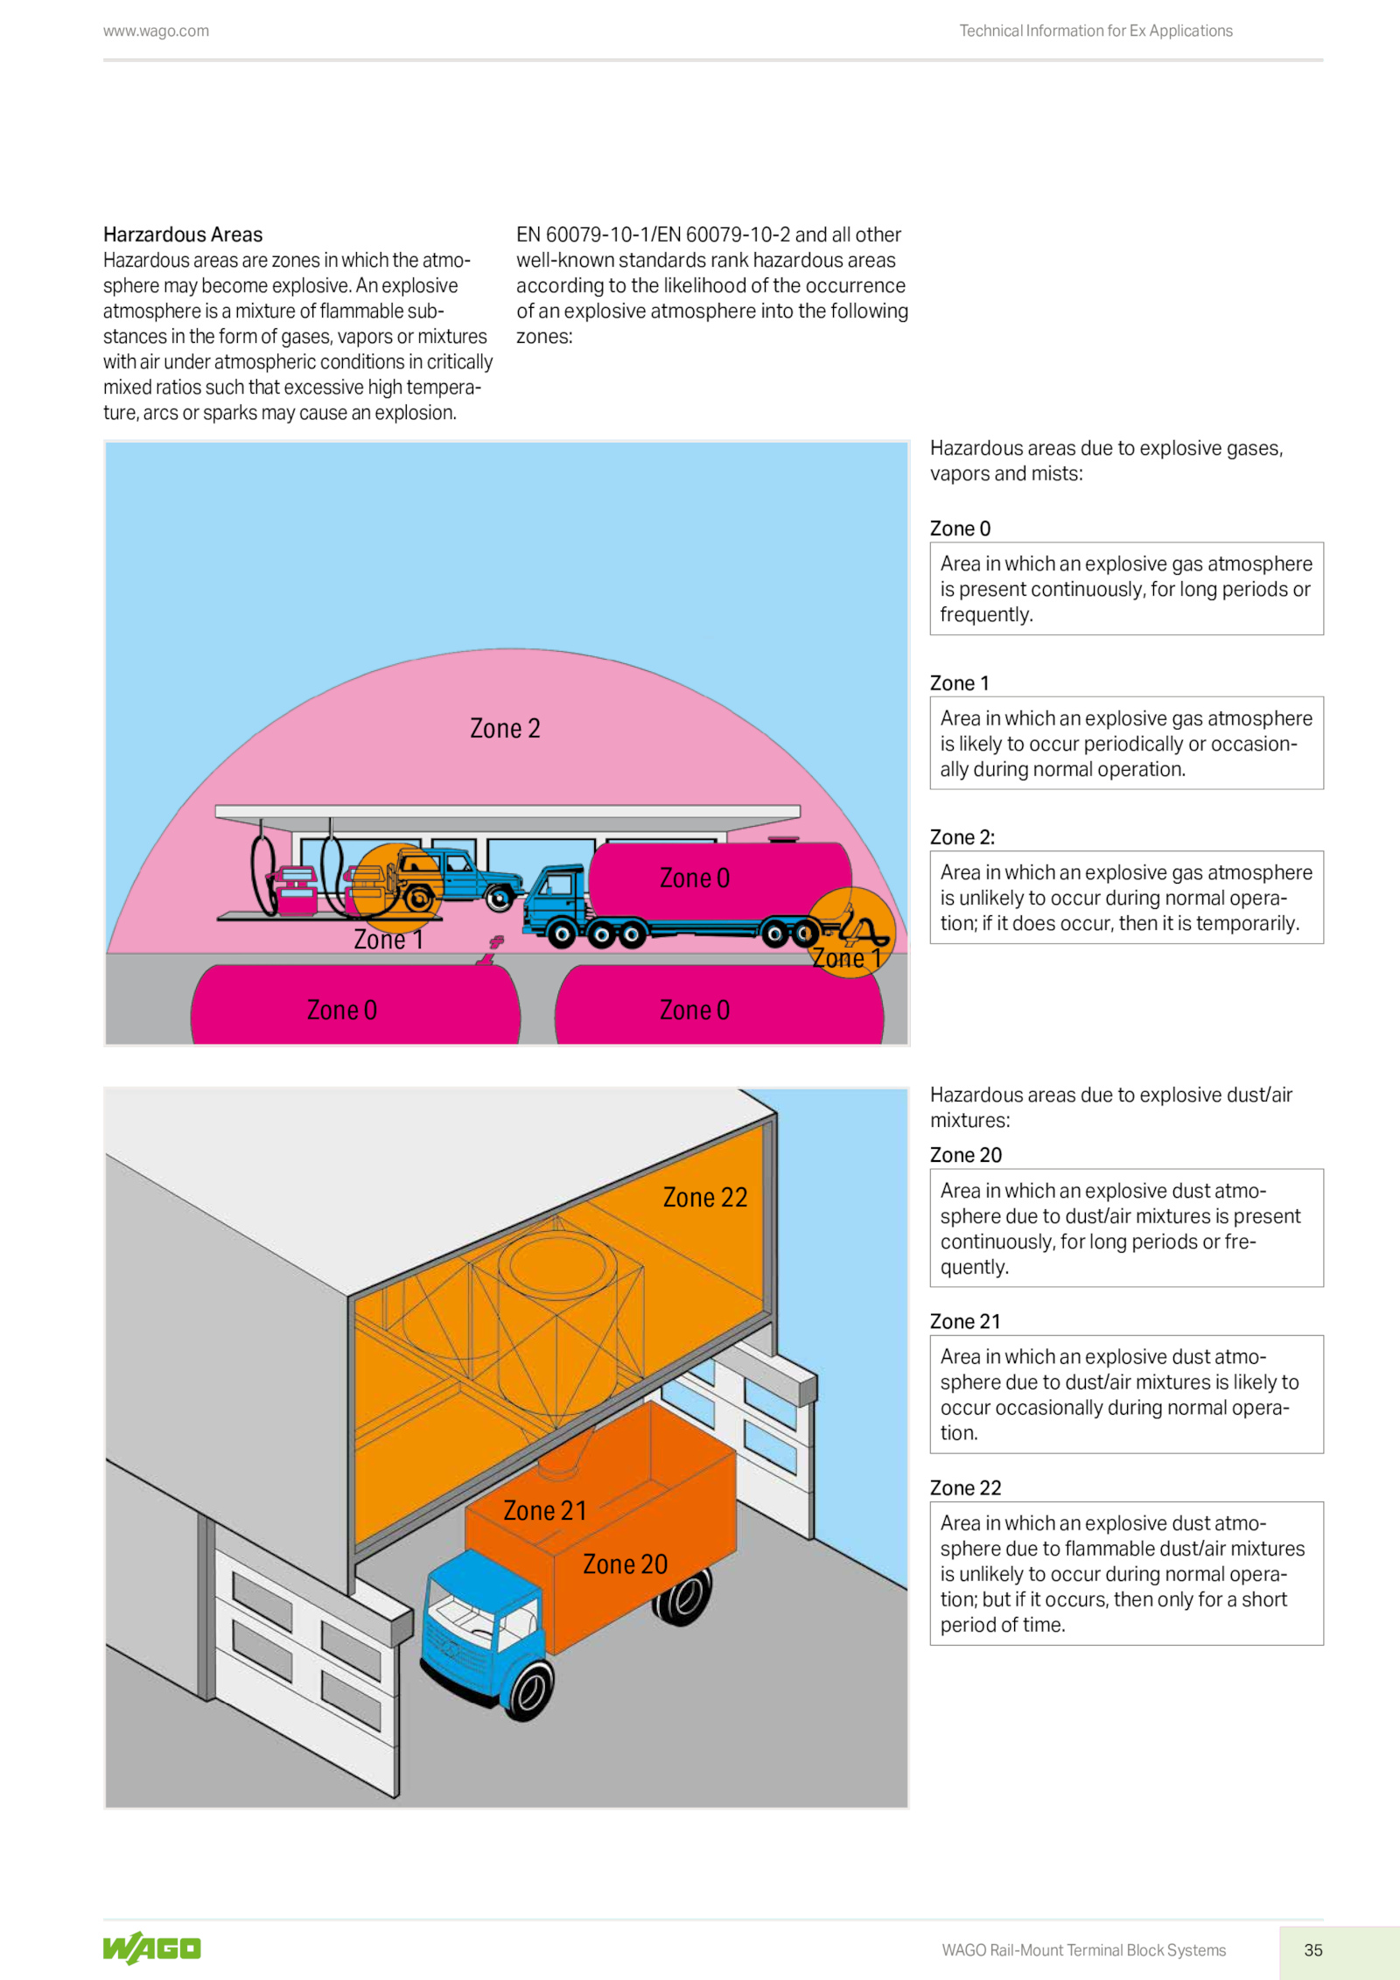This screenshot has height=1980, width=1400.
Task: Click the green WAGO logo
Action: tap(151, 1948)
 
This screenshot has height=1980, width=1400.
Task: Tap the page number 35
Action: tap(1312, 1949)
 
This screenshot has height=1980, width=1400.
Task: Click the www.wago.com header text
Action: tap(156, 31)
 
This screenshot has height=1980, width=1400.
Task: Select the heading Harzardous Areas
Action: tap(183, 234)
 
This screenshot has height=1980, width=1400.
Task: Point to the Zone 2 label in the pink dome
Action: tap(505, 728)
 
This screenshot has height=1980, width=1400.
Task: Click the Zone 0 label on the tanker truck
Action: tap(695, 878)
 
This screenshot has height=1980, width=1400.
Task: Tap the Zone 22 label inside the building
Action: tap(705, 1197)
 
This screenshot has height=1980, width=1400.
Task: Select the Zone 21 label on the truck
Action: tap(544, 1510)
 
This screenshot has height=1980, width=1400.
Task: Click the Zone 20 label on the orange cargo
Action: tap(626, 1564)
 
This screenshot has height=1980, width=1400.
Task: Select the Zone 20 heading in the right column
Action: tap(966, 1155)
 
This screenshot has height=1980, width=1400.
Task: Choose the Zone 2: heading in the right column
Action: tap(962, 837)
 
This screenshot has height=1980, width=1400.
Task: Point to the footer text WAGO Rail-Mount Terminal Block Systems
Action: tap(1084, 1949)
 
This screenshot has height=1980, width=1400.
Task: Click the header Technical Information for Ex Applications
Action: tap(1096, 31)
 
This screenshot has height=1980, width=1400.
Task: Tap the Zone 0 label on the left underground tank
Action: tap(342, 1010)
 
